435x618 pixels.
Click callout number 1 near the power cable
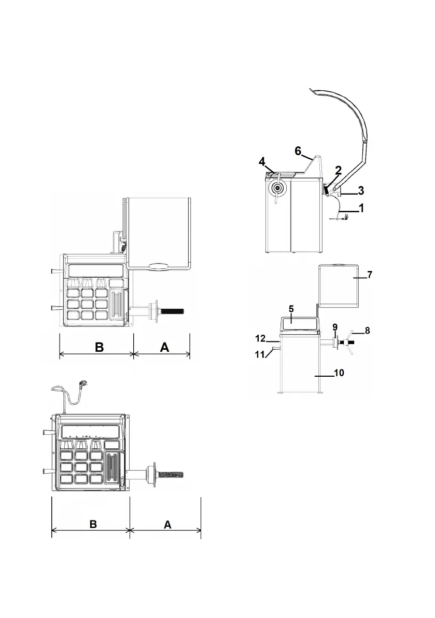tap(361, 208)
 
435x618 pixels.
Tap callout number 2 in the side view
tap(338, 170)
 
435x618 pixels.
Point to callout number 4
tap(262, 162)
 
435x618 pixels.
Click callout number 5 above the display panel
tap(291, 309)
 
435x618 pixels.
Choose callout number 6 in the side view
tap(298, 150)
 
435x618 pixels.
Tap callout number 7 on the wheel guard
tap(370, 274)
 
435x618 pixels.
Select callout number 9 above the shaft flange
tap(335, 327)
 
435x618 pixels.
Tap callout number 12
tap(260, 338)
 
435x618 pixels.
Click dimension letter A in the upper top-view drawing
tap(164, 347)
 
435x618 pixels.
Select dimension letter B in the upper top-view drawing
tap(100, 347)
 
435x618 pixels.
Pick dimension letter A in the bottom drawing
tap(167, 524)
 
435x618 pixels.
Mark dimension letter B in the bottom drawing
tap(93, 524)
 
